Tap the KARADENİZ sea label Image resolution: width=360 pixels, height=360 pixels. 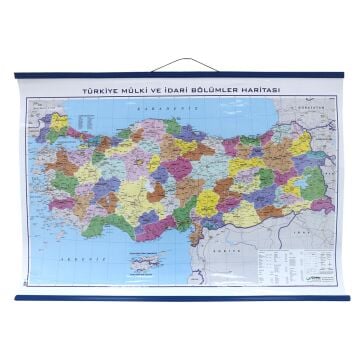[x=160, y=108]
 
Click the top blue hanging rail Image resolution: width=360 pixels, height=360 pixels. [x=180, y=74]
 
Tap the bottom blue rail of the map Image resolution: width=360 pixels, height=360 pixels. [x=180, y=298]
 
